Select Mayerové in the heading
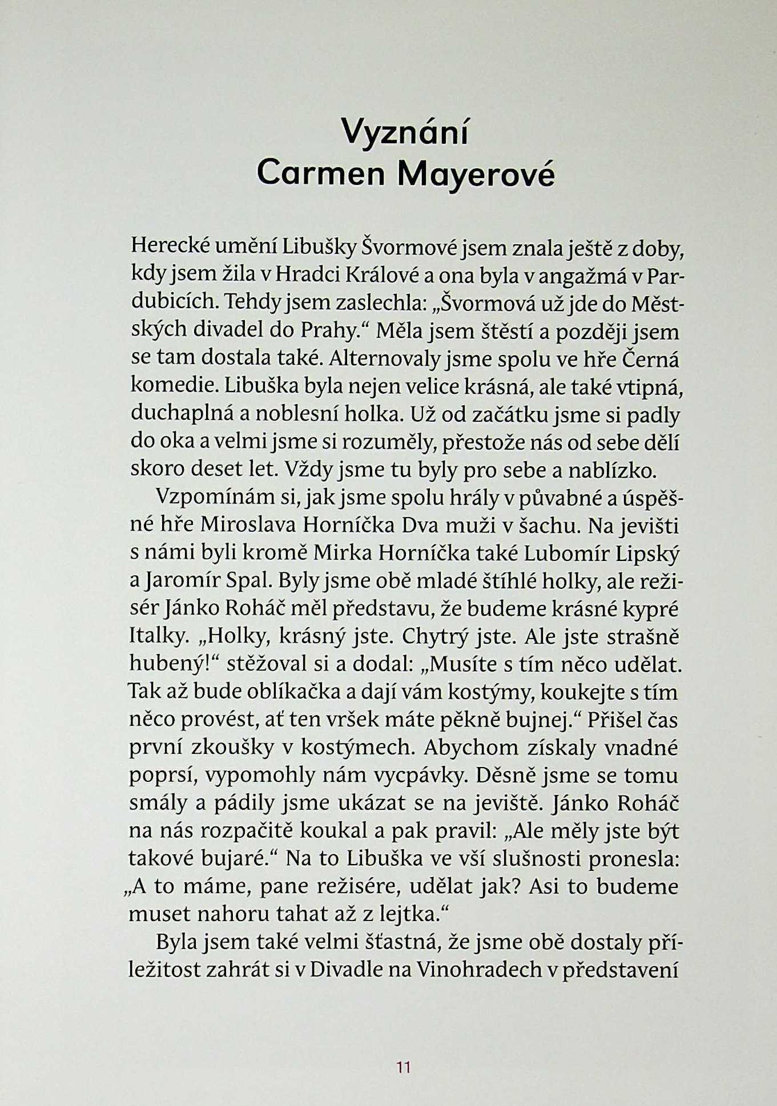tap(476, 174)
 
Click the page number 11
tap(404, 1067)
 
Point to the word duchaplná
tap(183, 414)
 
